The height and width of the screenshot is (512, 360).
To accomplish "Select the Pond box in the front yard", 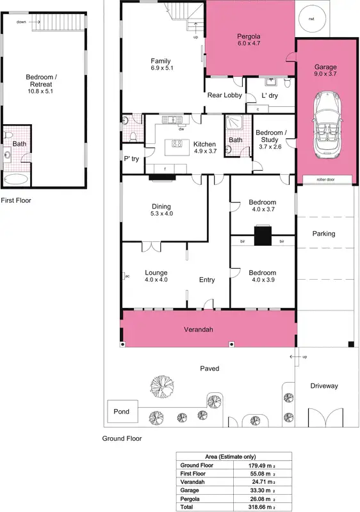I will tap(121, 412).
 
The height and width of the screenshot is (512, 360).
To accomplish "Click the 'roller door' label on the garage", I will tap(325, 180).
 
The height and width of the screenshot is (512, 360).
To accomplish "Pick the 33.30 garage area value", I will tap(252, 490).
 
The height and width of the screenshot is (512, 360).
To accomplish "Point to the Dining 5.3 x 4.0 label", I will tap(161, 210).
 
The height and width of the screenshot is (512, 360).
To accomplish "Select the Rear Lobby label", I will tap(224, 95).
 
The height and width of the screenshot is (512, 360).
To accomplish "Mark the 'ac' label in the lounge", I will tap(127, 276).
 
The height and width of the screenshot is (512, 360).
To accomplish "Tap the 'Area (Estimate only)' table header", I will tap(234, 457).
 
